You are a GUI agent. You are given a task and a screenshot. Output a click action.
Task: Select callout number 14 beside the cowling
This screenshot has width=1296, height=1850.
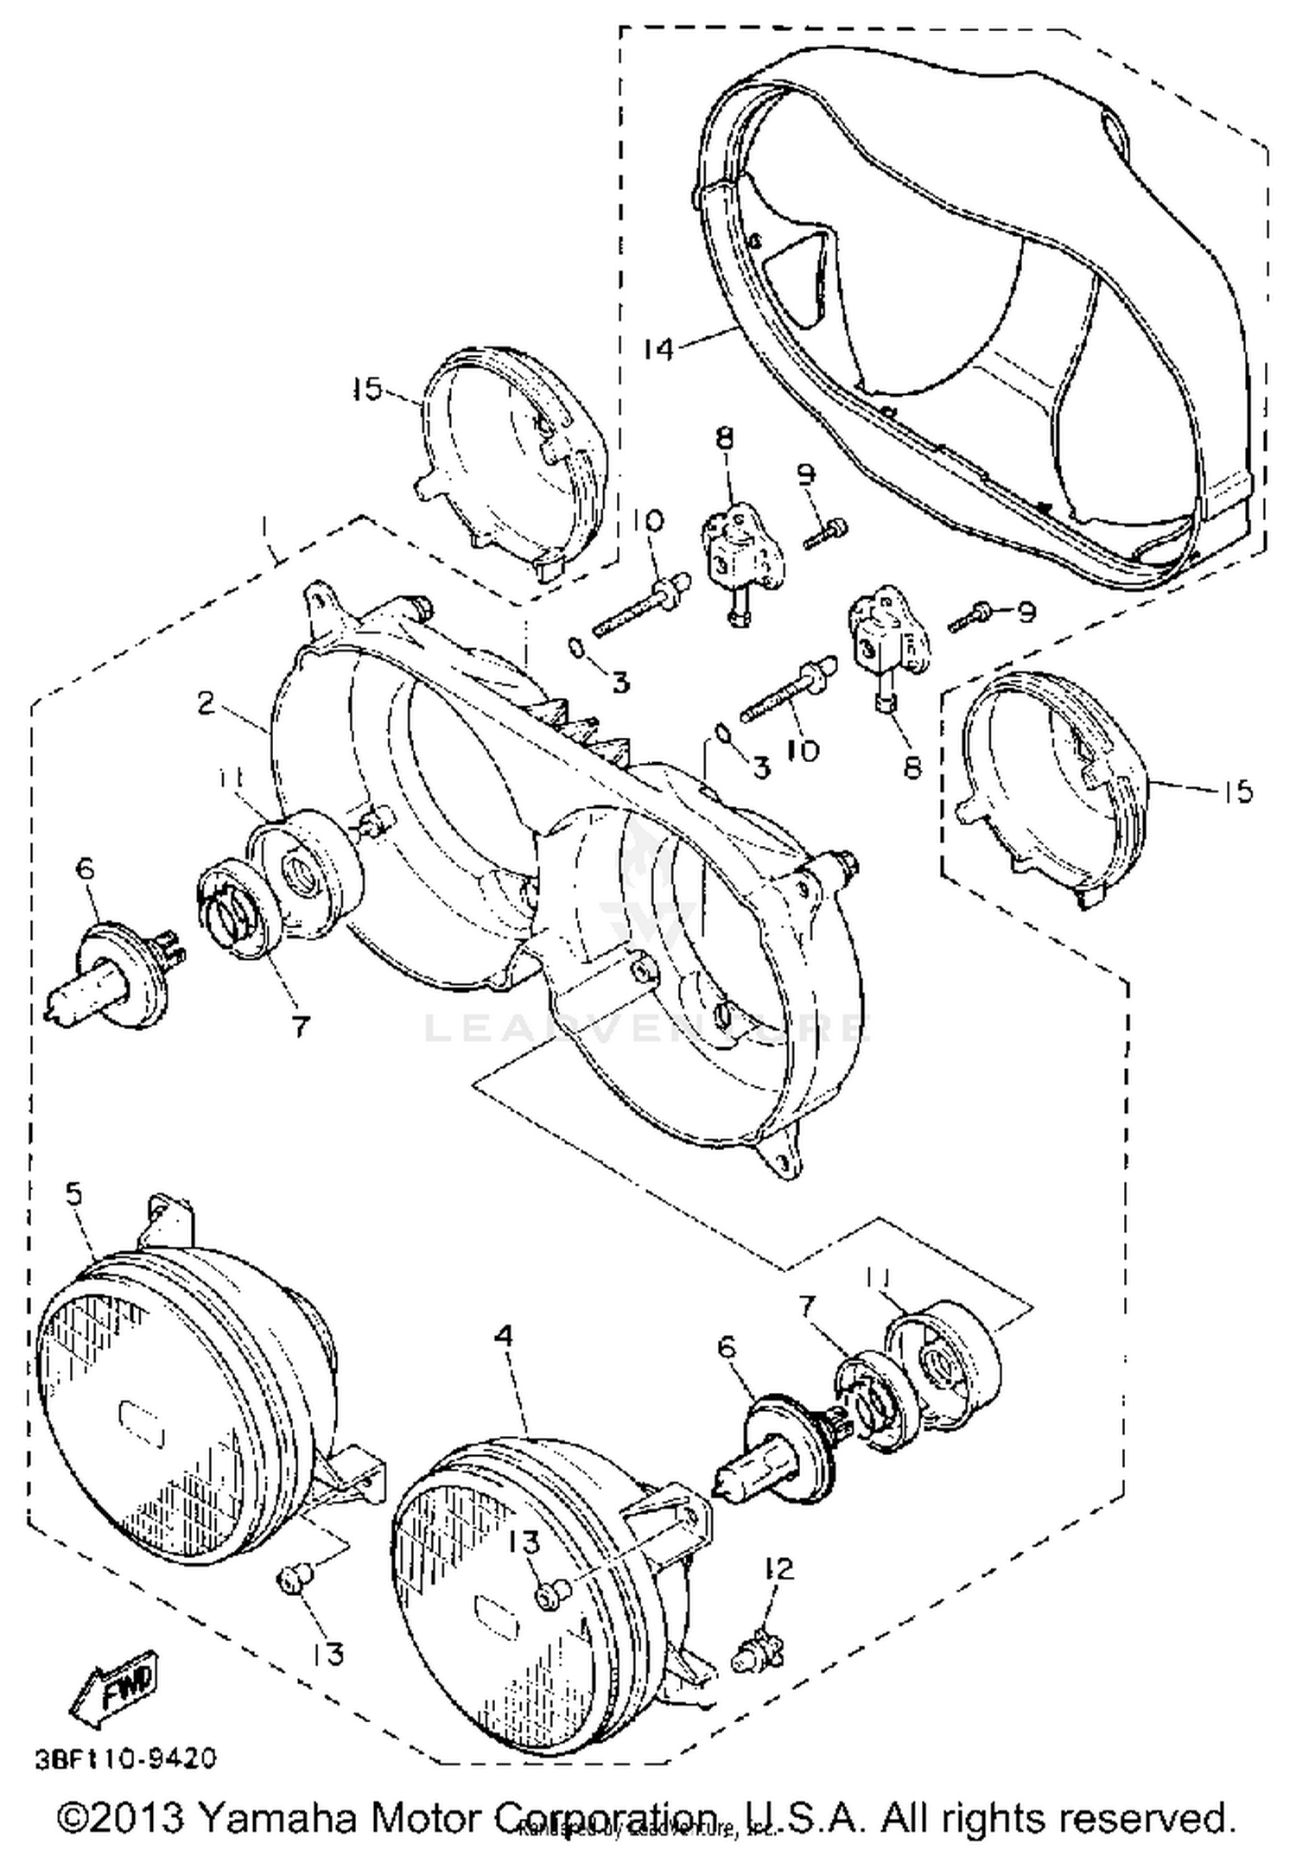point(658,349)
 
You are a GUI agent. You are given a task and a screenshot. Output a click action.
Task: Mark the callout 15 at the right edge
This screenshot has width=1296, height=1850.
point(1238,790)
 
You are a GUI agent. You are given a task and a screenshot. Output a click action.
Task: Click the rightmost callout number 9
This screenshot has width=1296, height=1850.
point(1026,612)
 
